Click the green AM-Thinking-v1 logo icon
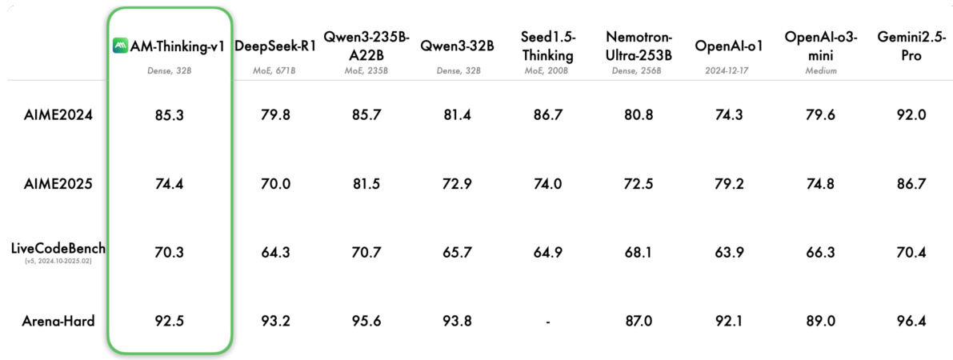pyautogui.click(x=120, y=46)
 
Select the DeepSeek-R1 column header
pyautogui.click(x=275, y=46)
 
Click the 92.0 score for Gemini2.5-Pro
pyautogui.click(x=911, y=114)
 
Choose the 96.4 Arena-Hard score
pyautogui.click(x=911, y=322)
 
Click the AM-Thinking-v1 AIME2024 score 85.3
pyautogui.click(x=169, y=114)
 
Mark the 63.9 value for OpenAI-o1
pyautogui.click(x=729, y=253)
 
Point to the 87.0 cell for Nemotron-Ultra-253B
pyautogui.click(x=638, y=322)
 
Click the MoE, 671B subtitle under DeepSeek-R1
pyautogui.click(x=275, y=70)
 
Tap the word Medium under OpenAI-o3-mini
pyautogui.click(x=820, y=70)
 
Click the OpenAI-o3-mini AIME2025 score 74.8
pyautogui.click(x=820, y=183)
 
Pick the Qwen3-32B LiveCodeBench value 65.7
pyautogui.click(x=457, y=253)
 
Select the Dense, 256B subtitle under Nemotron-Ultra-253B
pyautogui.click(x=638, y=70)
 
